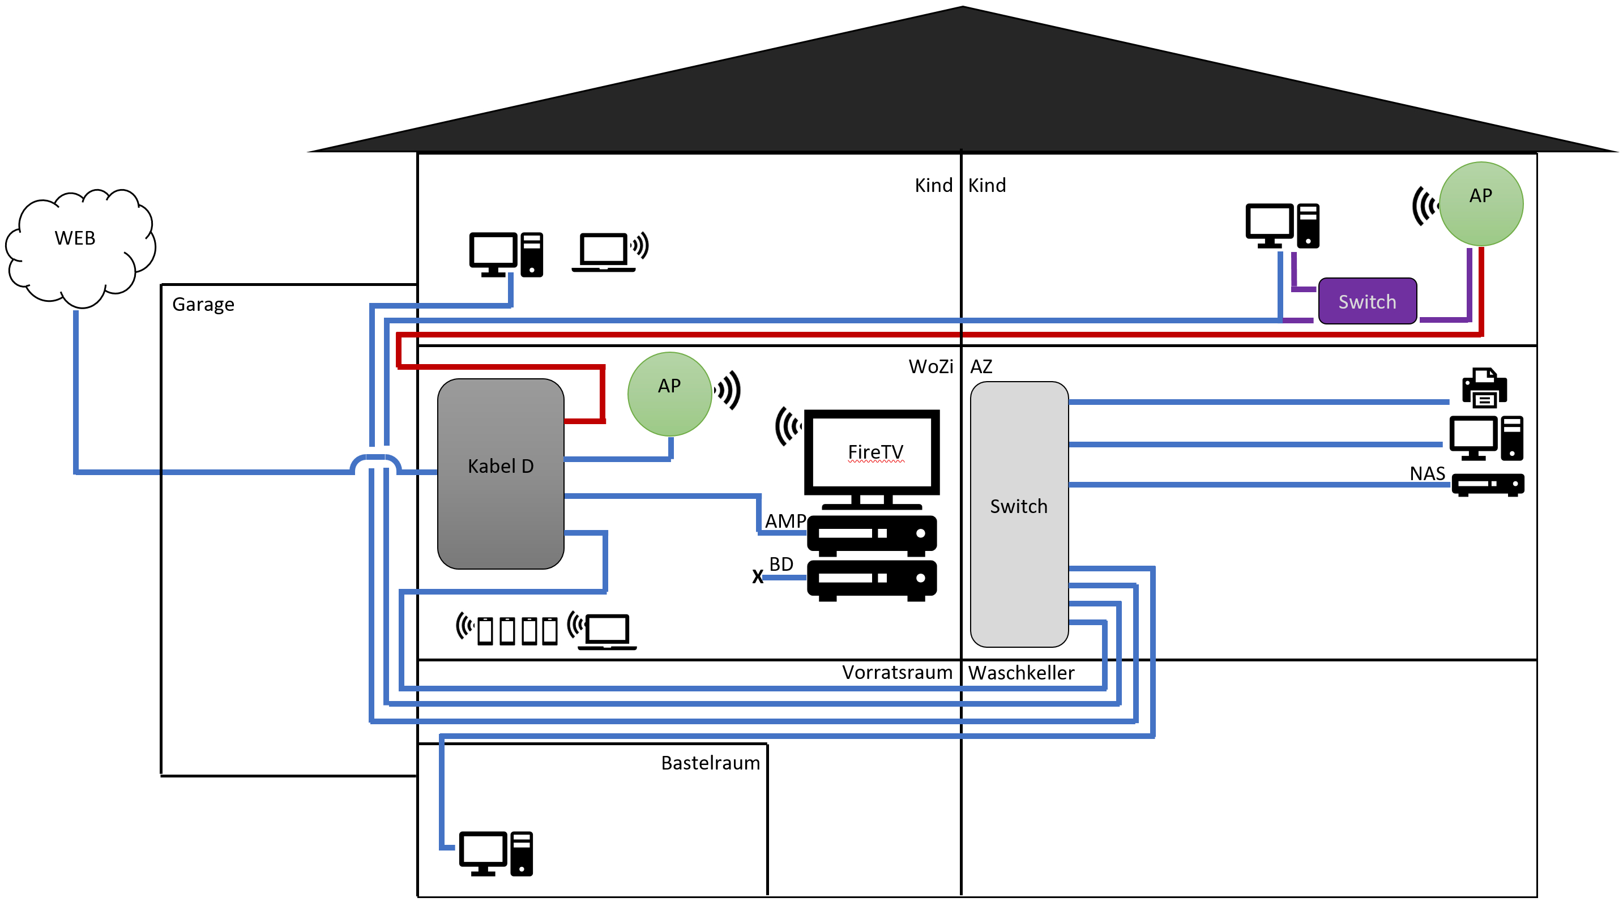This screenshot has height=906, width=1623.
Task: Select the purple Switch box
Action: (x=1366, y=301)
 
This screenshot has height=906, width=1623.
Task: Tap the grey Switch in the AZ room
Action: (x=1018, y=514)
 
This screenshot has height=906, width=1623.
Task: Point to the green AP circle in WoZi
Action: (x=669, y=393)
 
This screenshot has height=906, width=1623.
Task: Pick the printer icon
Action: (x=1484, y=387)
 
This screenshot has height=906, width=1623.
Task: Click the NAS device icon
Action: (x=1487, y=485)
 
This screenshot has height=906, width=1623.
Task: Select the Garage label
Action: (x=203, y=304)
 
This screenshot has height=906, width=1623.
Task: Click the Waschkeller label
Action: (x=1020, y=672)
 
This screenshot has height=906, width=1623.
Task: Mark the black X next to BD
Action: (x=757, y=576)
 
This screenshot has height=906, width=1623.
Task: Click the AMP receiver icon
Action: (x=872, y=535)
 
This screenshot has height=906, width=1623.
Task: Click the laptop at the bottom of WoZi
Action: (x=607, y=631)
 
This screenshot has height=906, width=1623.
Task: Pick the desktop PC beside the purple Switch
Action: (x=1282, y=225)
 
